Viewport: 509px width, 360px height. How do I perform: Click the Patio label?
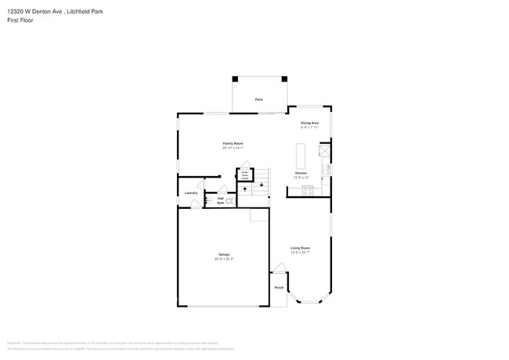coord(258,99)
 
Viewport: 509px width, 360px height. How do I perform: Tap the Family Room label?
coord(233,143)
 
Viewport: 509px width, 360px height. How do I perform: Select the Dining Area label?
coord(309,123)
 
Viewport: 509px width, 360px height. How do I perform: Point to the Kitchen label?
coord(301,173)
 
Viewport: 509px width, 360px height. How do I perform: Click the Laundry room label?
coord(191,193)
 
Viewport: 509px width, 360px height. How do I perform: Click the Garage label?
coord(224,254)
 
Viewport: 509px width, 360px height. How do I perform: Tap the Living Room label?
coord(301,247)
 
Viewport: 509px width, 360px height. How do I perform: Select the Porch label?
coord(279,288)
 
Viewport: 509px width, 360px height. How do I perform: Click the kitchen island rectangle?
coord(300,151)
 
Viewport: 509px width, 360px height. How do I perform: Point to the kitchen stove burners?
coord(308,191)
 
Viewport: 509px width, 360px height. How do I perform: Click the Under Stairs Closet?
coord(244,175)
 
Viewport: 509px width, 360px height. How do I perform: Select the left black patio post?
coord(234,78)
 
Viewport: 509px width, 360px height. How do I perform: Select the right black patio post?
coord(285,78)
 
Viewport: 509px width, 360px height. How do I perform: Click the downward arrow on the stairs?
coord(262,185)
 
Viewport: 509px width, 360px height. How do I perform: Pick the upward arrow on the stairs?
coord(244,190)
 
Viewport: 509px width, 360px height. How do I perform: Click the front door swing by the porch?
coord(278,268)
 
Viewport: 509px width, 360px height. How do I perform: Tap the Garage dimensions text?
coord(224,259)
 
